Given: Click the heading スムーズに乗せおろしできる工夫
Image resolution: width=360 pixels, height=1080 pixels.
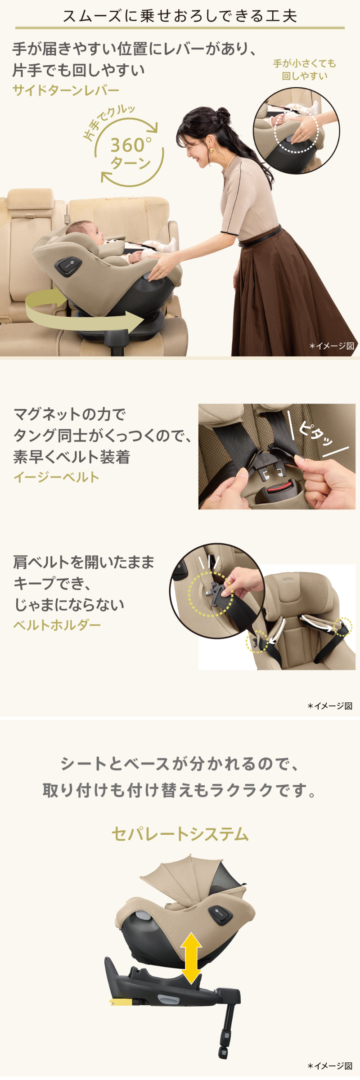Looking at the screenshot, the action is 180,16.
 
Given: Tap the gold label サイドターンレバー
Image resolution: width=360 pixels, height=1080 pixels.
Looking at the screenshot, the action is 66,90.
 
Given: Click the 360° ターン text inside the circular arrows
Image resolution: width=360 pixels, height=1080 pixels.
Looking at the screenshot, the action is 130,153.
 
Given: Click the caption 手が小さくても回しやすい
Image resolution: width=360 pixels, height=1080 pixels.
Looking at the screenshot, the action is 305,70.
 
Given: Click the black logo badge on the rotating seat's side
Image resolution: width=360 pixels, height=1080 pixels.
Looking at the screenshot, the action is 68,265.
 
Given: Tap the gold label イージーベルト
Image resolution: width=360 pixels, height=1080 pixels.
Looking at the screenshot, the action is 56,477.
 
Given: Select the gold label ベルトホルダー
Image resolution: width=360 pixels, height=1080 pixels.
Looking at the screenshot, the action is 57,625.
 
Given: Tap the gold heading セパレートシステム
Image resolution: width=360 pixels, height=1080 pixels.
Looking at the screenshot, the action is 180,834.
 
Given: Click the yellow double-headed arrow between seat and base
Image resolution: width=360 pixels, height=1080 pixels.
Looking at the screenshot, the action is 191,958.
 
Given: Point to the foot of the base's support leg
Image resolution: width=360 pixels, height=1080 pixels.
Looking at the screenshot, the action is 223,1053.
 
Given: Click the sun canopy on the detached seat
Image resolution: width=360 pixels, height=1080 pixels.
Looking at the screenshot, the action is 193,877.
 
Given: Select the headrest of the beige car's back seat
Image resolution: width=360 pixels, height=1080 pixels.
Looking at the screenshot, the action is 30,199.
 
